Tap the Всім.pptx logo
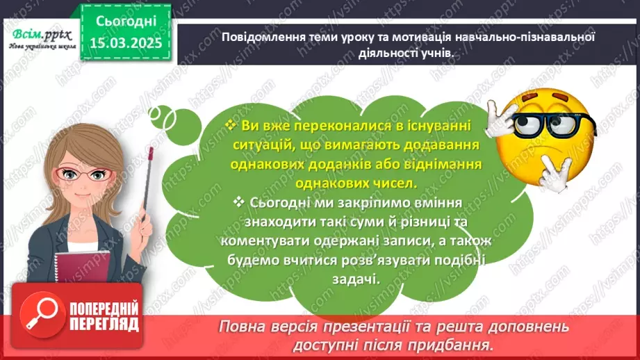[39, 34]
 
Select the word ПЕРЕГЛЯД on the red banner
[104, 324]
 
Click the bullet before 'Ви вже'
[231, 126]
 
